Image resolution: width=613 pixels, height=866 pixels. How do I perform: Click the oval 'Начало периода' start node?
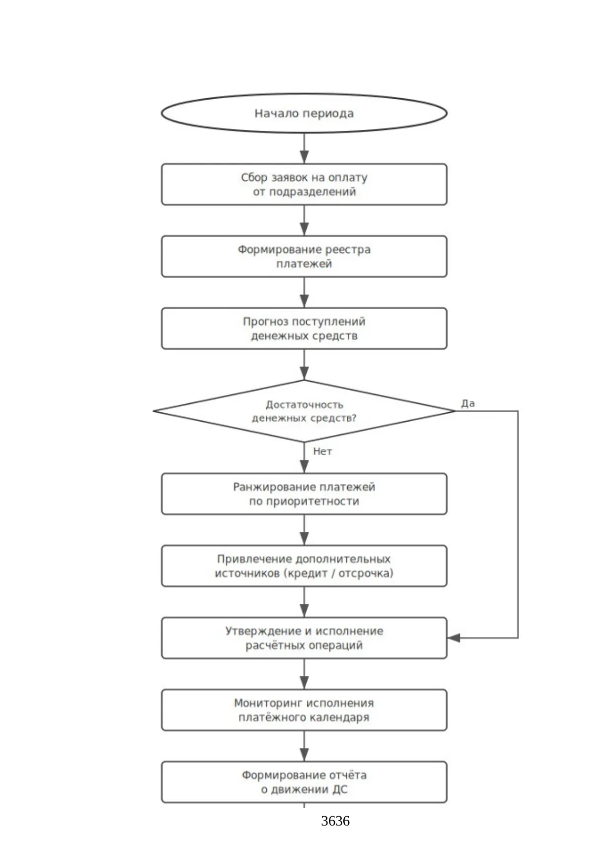[x=304, y=113]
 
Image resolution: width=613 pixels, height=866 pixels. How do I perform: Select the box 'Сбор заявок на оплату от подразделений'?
[x=304, y=184]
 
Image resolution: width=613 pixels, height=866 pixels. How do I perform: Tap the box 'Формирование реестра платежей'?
[x=304, y=256]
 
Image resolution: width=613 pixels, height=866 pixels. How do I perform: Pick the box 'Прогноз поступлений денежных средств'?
[x=304, y=328]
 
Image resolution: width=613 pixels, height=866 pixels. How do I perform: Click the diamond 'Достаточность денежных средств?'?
[x=304, y=411]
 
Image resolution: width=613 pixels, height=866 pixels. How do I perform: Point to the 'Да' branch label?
[x=468, y=403]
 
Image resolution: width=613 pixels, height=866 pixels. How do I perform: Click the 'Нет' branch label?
[x=323, y=451]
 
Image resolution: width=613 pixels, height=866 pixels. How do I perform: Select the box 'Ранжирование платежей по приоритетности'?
[x=304, y=494]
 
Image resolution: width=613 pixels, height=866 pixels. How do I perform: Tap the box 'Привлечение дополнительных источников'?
[x=304, y=566]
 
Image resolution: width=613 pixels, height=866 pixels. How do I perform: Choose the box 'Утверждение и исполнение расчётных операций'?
[x=304, y=638]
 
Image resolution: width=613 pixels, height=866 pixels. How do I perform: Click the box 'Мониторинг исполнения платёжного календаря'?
[x=304, y=710]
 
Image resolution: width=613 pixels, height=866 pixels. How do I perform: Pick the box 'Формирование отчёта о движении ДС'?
[x=304, y=782]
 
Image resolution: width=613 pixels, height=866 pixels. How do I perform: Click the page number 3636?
[x=335, y=821]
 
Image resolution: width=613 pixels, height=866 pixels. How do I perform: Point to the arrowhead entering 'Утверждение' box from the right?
[x=453, y=638]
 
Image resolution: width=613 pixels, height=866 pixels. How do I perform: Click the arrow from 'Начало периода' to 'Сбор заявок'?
[x=304, y=148]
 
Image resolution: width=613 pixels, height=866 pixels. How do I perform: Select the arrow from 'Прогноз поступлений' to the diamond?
[x=304, y=364]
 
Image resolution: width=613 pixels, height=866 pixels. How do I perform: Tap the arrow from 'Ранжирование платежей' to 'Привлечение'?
[x=304, y=530]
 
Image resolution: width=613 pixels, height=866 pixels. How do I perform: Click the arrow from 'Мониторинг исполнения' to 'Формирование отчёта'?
[x=304, y=746]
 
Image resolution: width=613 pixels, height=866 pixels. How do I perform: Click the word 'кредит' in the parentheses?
[x=308, y=573]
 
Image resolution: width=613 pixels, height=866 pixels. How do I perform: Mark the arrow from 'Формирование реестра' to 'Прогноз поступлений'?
[x=304, y=292]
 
